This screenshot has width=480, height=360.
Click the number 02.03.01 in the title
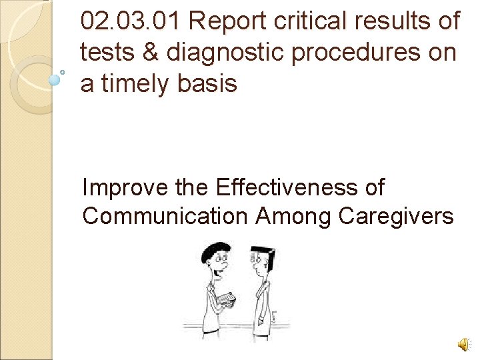(x=130, y=21)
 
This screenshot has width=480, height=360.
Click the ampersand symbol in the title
(x=150, y=52)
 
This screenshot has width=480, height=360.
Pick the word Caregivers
(x=396, y=217)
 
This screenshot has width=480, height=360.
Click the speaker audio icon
(x=462, y=344)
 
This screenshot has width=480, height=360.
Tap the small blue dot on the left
(x=55, y=79)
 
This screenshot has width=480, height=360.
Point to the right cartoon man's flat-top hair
(x=262, y=252)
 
